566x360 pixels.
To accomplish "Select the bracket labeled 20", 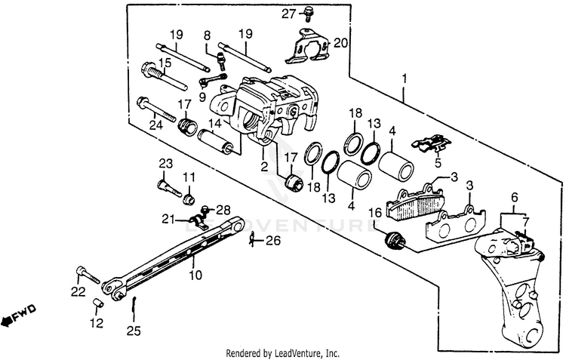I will (308, 47).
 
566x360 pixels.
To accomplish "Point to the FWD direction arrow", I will (19, 315).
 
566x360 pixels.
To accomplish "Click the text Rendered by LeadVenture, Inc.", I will (283, 353).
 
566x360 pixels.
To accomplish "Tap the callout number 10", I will (195, 275).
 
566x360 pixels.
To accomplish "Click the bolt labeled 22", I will (88, 275).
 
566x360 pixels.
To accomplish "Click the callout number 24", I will (155, 126).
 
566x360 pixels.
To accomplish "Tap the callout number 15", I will (165, 62).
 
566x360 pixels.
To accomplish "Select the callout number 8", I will (206, 35).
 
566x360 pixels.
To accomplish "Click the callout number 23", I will (165, 163).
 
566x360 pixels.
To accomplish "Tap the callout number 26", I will (272, 242).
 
